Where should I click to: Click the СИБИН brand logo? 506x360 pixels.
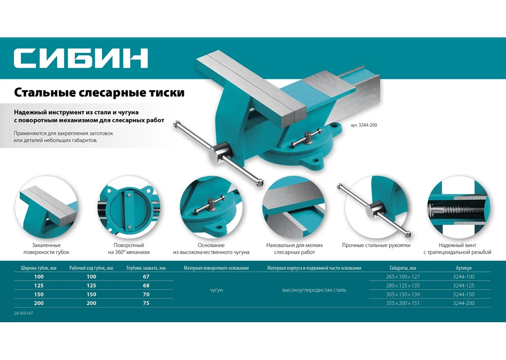coord(81,58)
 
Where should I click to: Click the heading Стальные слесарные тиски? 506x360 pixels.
coord(99,93)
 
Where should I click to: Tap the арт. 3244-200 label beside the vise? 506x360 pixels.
coord(364,125)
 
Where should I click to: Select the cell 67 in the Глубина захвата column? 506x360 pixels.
coord(146,277)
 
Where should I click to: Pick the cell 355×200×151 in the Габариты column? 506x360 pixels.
coord(403,303)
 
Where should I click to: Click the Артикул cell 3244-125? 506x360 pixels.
coord(463,285)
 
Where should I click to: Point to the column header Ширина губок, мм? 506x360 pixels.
coord(39,268)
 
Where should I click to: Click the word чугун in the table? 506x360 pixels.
coord(216,290)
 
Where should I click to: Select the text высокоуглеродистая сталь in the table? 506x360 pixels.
coord(314,290)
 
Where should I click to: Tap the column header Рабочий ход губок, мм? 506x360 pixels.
coord(91,268)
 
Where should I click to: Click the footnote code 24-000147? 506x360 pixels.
coord(24,313)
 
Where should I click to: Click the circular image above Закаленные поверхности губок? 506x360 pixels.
coord(46,207)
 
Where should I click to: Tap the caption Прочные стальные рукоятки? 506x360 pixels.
coord(376,245)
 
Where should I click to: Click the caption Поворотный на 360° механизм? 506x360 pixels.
coord(129,249)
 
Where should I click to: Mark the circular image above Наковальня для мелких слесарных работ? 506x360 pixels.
coord(294,207)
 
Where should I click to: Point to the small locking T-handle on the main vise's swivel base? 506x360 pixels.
coord(307,138)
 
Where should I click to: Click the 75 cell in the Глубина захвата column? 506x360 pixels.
coord(146,303)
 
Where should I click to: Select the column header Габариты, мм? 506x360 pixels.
coord(403,268)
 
